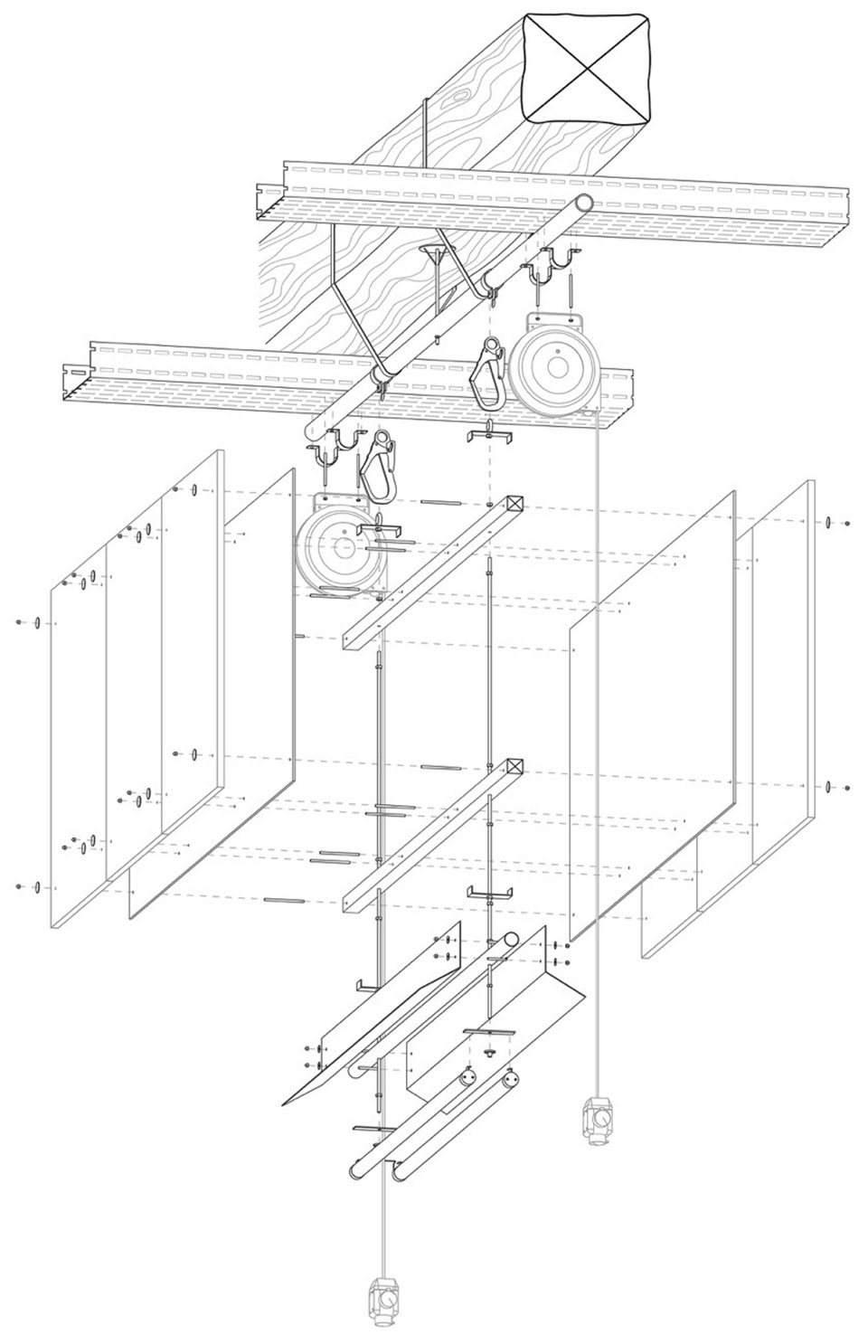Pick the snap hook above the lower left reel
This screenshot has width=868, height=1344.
click(x=377, y=460)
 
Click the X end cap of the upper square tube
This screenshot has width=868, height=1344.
click(x=515, y=504)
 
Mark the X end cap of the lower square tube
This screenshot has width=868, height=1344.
click(x=515, y=766)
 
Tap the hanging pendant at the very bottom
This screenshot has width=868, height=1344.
click(x=385, y=1301)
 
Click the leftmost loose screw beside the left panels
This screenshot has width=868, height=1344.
click(x=18, y=622)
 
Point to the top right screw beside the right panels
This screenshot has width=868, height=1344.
click(x=847, y=523)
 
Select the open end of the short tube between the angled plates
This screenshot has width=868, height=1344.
click(x=510, y=941)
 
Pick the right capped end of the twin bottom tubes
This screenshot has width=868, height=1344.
click(x=511, y=1080)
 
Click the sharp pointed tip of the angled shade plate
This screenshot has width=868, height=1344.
click(x=284, y=1104)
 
